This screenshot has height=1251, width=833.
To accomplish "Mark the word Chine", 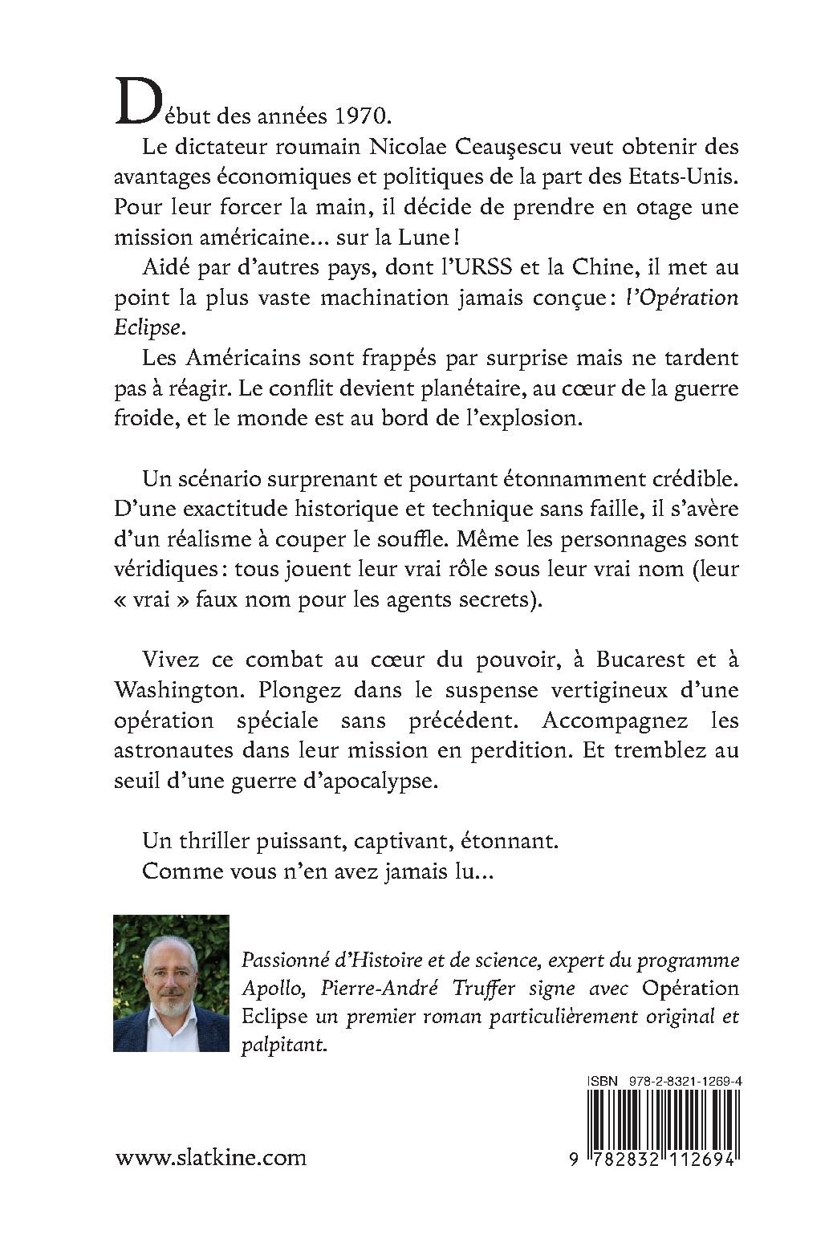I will [x=578, y=268].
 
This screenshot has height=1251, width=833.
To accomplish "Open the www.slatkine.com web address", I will [x=211, y=1158].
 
